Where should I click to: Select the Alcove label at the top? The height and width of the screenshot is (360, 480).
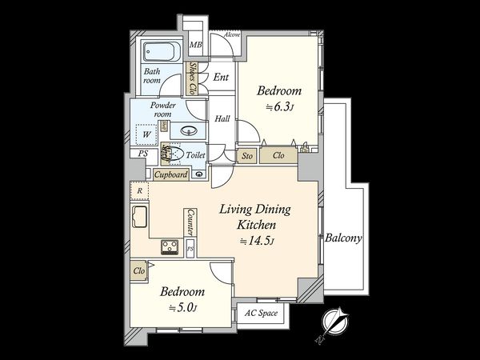[x=232, y=35]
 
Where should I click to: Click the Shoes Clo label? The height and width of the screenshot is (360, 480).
[x=194, y=77]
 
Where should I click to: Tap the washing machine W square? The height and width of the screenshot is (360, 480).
[x=146, y=134]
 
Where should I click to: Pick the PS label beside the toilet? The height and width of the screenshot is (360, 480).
[x=143, y=154]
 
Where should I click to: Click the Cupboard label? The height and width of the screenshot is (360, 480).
[x=170, y=174]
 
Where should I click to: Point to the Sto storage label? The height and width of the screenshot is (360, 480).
[x=247, y=156]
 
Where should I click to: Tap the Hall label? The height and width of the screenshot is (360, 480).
[x=222, y=119]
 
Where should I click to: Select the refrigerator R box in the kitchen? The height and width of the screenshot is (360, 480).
[x=140, y=191]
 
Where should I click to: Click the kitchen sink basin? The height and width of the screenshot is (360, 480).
[x=139, y=217]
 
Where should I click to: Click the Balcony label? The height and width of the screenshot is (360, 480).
[x=345, y=238]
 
